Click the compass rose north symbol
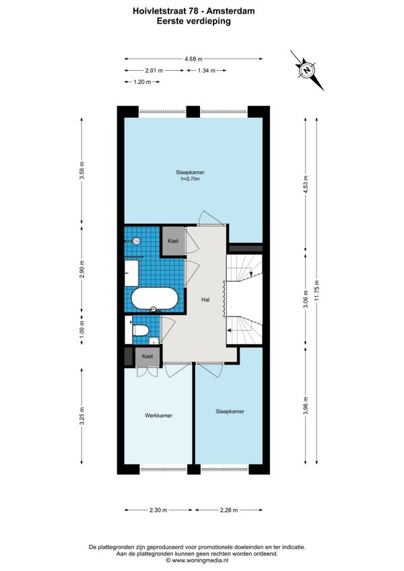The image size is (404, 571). click(307, 70)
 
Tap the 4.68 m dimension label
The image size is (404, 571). click(193, 59)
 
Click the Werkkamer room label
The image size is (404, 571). click(158, 415)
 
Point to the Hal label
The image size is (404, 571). click(205, 300)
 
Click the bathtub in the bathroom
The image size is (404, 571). click(154, 298)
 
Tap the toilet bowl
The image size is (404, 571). click(141, 331)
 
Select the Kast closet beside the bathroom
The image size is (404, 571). click(173, 240)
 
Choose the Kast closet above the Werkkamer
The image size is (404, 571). click(147, 356)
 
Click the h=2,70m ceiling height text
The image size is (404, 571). click(190, 179)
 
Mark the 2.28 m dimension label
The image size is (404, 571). click(229, 510)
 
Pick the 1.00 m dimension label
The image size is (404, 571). click(81, 327)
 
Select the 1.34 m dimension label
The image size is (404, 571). click(207, 70)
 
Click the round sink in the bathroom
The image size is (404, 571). click(137, 240)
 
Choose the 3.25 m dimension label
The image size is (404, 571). click(81, 415)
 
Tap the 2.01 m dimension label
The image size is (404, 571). click(154, 70)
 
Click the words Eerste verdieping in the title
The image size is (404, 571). click(194, 21)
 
